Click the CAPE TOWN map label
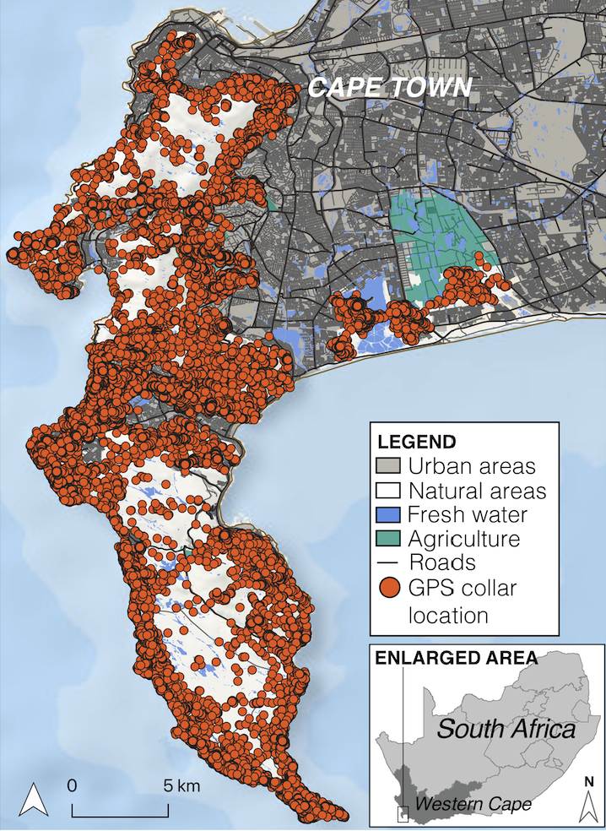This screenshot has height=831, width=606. click(388, 86)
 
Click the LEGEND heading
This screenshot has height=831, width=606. click(416, 442)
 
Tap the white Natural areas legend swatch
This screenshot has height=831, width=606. click(389, 490)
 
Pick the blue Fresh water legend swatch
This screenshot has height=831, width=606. click(389, 513)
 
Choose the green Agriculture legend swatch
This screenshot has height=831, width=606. click(389, 538)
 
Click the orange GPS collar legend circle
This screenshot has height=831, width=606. click(389, 587)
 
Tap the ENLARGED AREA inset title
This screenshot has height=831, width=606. click(446, 656)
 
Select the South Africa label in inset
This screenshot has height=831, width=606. click(506, 729)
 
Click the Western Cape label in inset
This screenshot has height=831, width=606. click(478, 805)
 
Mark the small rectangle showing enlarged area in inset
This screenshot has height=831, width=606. click(403, 813)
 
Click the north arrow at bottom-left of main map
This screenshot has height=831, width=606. click(33, 799)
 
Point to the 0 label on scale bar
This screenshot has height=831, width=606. click(73, 785)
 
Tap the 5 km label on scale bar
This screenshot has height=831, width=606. click(182, 785)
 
